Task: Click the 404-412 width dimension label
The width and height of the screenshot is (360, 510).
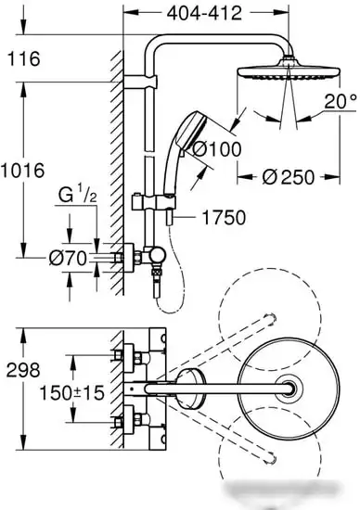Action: (x=204, y=14)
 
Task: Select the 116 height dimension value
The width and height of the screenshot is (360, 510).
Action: (x=23, y=58)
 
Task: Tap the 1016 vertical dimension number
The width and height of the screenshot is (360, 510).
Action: (x=22, y=171)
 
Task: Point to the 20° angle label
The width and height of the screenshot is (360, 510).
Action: (x=340, y=101)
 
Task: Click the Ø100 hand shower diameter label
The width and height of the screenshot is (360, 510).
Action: (x=217, y=149)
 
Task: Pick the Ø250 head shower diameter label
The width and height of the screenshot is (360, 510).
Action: (x=289, y=177)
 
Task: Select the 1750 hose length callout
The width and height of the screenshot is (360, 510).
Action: (x=224, y=218)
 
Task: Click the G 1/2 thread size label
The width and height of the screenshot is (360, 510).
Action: (x=77, y=196)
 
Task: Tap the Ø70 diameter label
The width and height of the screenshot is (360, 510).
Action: (x=68, y=259)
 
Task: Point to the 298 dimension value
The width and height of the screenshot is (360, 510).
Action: (x=23, y=370)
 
